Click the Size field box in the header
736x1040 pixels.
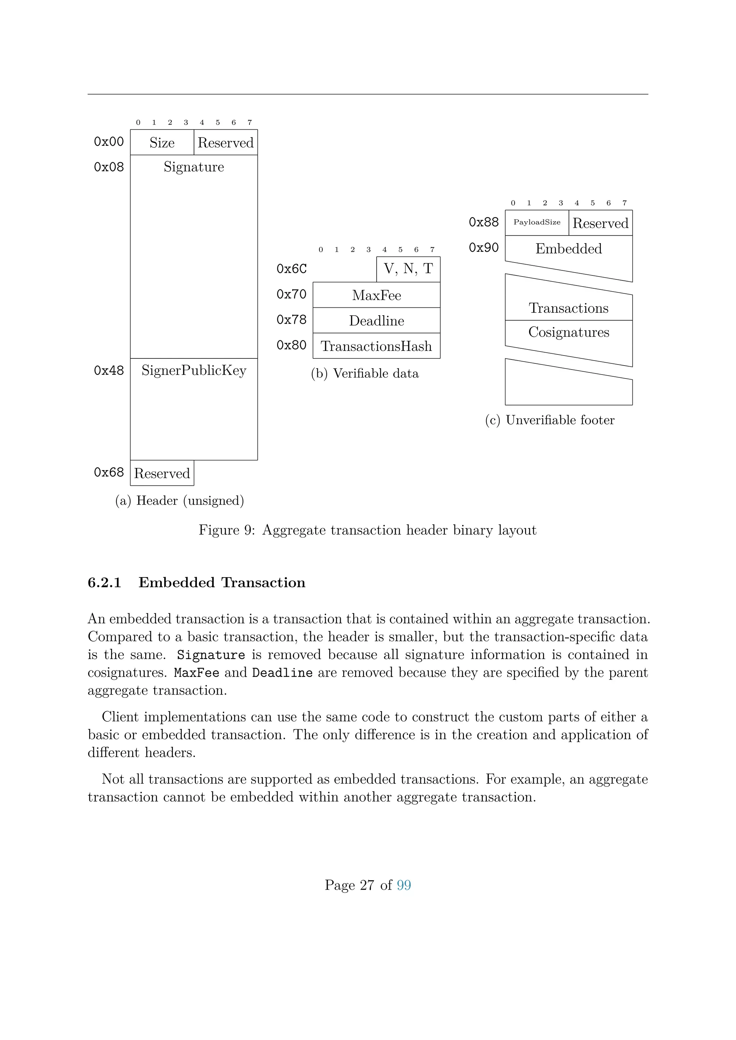pyautogui.click(x=162, y=143)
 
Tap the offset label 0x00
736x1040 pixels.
pyautogui.click(x=109, y=142)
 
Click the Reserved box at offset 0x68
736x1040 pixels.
pyautogui.click(x=162, y=473)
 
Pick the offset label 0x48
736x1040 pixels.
pyautogui.click(x=109, y=371)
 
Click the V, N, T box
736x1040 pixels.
pyautogui.click(x=408, y=269)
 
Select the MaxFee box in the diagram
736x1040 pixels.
pyautogui.click(x=376, y=295)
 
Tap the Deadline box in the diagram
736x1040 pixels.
pyautogui.click(x=376, y=321)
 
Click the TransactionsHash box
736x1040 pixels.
pyautogui.click(x=376, y=346)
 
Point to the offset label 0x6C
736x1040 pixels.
pyautogui.click(x=291, y=269)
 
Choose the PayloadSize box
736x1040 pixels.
pyautogui.click(x=537, y=222)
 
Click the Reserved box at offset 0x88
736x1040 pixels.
pyautogui.click(x=601, y=223)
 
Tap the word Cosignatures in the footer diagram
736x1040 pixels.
pyautogui.click(x=569, y=332)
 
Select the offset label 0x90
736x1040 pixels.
pyautogui.click(x=484, y=248)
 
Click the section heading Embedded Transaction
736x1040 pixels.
pyautogui.click(x=222, y=582)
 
